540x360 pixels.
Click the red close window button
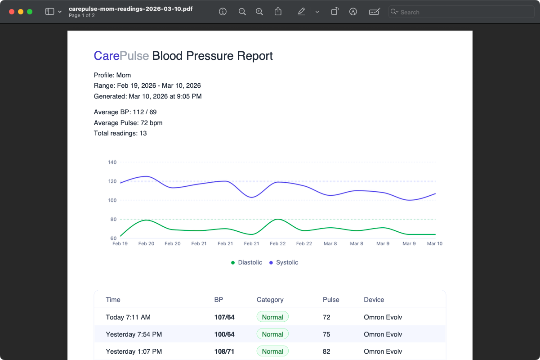(12, 12)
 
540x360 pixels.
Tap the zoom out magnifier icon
(242, 12)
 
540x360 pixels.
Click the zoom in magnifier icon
(259, 12)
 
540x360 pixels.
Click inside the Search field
(463, 12)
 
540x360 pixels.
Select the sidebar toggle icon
(50, 12)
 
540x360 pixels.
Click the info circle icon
(223, 12)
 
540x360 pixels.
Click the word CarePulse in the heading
(121, 56)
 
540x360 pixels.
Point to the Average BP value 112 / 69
(144, 112)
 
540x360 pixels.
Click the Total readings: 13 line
(120, 133)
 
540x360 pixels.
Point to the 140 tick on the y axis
(112, 162)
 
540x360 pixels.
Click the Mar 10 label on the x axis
(434, 243)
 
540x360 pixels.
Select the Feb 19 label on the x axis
(120, 243)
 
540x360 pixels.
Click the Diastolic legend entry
(246, 262)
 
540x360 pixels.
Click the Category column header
(270, 300)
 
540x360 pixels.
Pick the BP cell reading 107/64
(224, 317)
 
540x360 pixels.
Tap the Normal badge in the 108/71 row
(272, 351)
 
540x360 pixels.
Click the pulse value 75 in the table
(326, 334)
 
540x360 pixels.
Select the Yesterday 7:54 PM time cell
(134, 334)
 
